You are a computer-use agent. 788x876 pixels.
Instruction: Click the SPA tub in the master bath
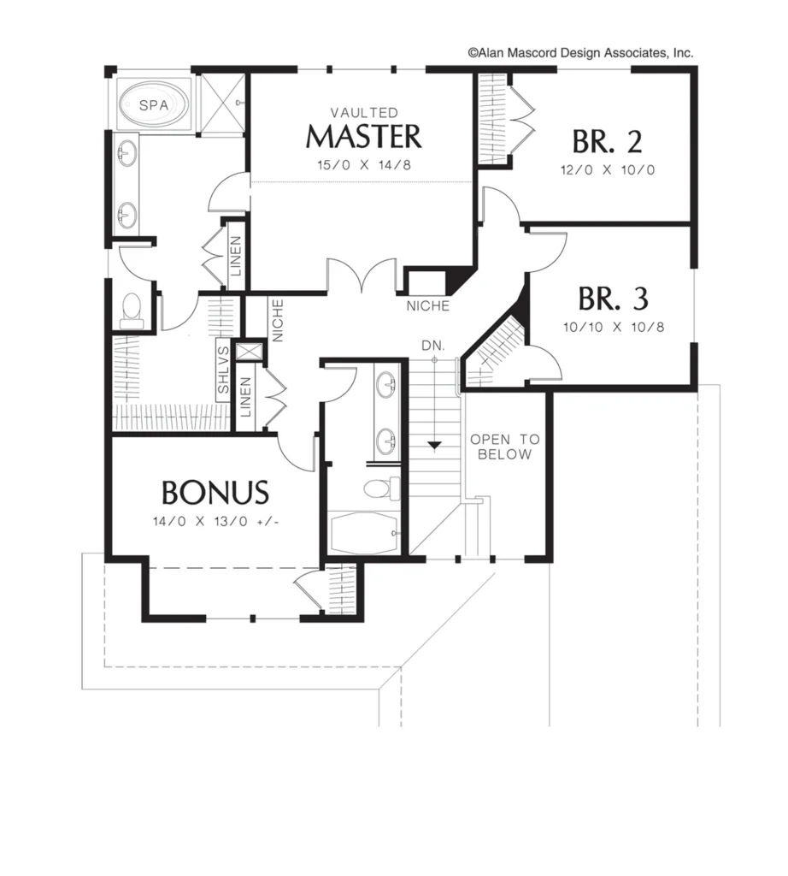coord(154,104)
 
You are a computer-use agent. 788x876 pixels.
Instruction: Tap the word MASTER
coord(364,137)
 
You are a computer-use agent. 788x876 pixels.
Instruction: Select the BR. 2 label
coord(607,142)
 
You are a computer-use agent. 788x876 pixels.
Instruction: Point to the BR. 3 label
coord(613,299)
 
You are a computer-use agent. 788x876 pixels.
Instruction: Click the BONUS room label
coord(215,493)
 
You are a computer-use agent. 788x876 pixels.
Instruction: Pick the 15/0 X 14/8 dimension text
coord(364,165)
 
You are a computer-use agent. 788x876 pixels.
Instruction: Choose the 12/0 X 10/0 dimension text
coord(608,170)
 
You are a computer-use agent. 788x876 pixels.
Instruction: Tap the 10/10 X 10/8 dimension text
coord(614,327)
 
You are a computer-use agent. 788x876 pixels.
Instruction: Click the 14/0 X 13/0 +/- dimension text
coord(215,522)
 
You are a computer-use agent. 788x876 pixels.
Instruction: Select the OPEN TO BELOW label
coord(504,447)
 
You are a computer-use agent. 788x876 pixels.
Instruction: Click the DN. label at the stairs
coord(433,346)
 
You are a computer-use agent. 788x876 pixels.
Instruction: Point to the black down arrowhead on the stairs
coord(434,445)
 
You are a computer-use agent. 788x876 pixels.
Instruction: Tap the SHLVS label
coord(223,370)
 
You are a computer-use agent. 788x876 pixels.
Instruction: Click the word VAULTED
coord(364,113)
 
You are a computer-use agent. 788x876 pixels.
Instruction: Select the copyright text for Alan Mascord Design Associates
coord(580,53)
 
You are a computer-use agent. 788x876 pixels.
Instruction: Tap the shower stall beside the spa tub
coord(222,104)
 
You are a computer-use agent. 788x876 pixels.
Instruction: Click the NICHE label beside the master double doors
coord(428,306)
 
